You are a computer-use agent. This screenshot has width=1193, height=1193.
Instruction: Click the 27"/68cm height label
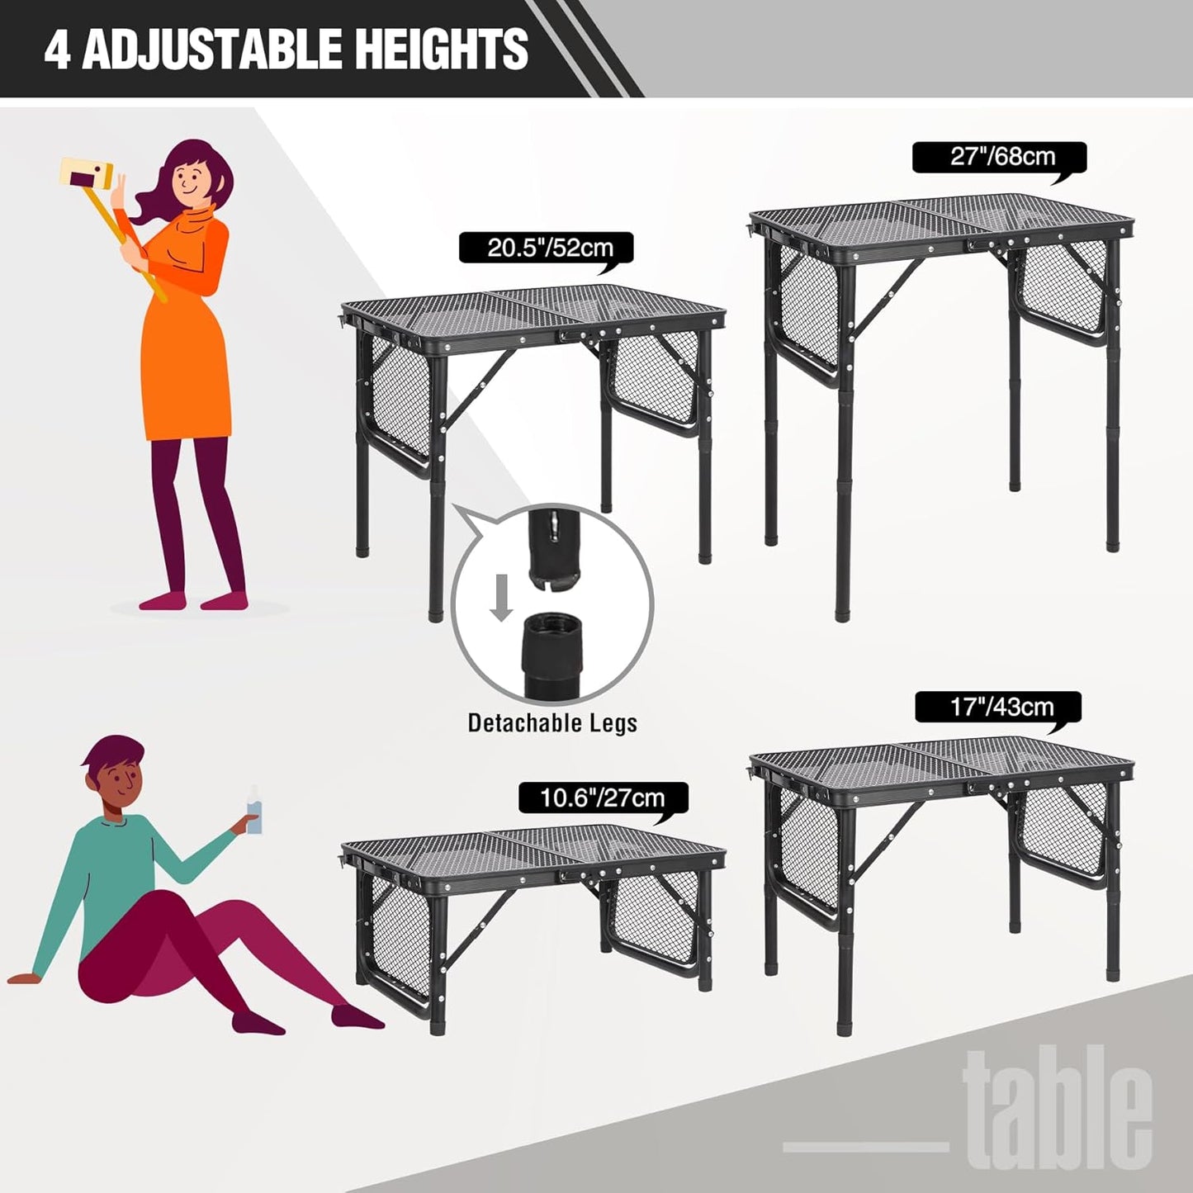pos(1001,157)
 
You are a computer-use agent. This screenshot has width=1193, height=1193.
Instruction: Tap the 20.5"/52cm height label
pos(549,248)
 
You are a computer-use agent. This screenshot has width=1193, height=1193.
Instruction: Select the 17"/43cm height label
pos(1001,708)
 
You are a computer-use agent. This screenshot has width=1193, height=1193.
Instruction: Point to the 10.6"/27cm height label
pos(602,798)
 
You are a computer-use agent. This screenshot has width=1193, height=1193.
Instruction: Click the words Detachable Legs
pos(552,723)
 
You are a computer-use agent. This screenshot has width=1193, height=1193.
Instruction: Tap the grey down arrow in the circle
pos(501,597)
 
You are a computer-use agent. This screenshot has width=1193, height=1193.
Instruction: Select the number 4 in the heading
pos(57,50)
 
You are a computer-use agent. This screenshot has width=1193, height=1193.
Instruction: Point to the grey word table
pos(1058,1107)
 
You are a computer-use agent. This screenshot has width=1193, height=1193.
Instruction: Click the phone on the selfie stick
pos(86,174)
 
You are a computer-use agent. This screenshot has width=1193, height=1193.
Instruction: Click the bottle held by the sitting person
pos(254,811)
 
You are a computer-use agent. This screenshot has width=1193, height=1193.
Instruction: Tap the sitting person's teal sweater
pos(107,867)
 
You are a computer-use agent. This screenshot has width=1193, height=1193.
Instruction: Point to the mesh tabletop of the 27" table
pos(941,215)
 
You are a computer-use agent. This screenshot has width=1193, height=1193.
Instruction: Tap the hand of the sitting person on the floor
pos(23,979)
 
